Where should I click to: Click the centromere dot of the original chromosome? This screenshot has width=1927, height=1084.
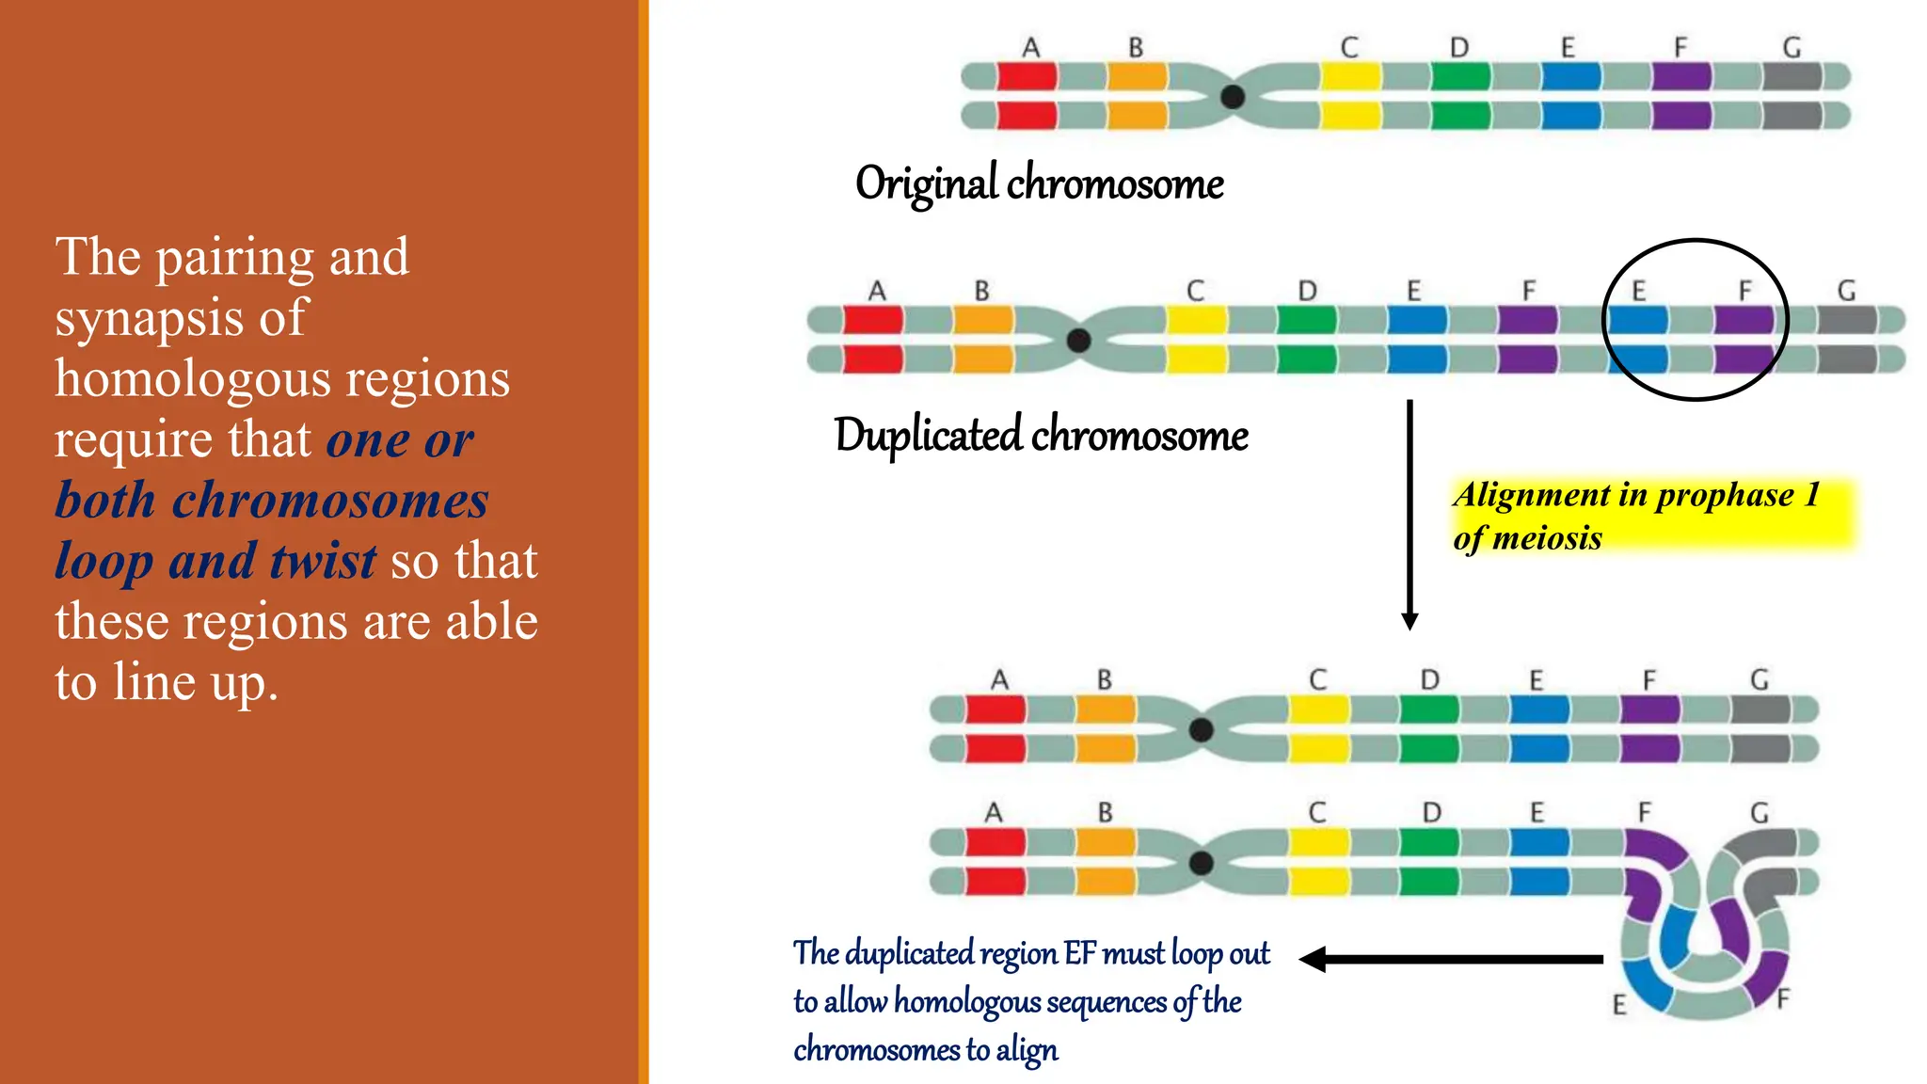coord(1233,96)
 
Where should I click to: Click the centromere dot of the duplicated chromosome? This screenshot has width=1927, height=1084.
coord(1079,340)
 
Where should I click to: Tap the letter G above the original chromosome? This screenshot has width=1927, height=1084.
coord(1792,47)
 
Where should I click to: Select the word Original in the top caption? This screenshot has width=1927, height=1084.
coord(926,183)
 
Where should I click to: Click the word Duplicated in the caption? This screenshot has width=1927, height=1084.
coord(928,435)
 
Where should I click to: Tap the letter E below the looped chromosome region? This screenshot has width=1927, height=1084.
coord(1619,1005)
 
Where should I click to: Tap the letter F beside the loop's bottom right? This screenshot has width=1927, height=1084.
coord(1784,998)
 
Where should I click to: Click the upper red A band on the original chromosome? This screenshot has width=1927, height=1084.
coord(1027,76)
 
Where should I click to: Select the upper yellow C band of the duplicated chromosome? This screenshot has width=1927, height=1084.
coord(1196,320)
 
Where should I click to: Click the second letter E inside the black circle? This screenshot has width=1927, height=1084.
coord(1638,291)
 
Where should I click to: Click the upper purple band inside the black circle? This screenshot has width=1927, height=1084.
coord(1743,320)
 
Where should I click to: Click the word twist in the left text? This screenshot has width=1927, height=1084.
coord(323,561)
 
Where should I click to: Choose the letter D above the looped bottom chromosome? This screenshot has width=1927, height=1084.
coord(1431,812)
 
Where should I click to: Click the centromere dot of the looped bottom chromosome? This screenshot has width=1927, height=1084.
coord(1202,862)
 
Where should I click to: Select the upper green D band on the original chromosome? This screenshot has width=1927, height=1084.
coord(1460,76)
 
